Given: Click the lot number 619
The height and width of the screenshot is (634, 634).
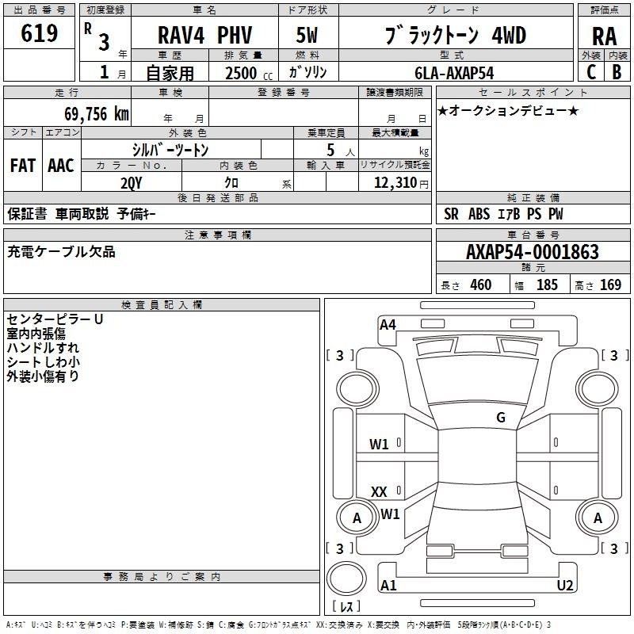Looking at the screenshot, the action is pyautogui.click(x=39, y=32).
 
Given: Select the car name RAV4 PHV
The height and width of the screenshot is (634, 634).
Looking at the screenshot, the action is pyautogui.click(x=204, y=35).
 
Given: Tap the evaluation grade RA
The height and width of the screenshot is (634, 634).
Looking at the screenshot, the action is pyautogui.click(x=604, y=36).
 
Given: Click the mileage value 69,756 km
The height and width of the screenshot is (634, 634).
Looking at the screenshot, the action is pyautogui.click(x=96, y=113).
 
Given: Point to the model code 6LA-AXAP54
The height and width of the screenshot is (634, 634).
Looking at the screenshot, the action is pyautogui.click(x=454, y=73).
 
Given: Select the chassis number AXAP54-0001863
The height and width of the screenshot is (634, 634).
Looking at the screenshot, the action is pyautogui.click(x=532, y=251).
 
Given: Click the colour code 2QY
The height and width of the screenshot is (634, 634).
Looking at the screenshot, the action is pyautogui.click(x=132, y=183).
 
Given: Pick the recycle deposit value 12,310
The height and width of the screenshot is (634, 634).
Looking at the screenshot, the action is pyautogui.click(x=395, y=183).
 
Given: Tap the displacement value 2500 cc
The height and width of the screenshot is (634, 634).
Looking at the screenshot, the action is pyautogui.click(x=249, y=73).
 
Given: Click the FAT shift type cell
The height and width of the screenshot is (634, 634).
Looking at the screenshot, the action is pyautogui.click(x=23, y=166).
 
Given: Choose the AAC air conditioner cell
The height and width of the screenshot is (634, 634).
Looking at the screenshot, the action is pyautogui.click(x=61, y=166).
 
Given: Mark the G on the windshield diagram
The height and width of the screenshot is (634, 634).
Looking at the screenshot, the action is pyautogui.click(x=501, y=417).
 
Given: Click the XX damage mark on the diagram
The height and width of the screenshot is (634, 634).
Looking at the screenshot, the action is pyautogui.click(x=379, y=491).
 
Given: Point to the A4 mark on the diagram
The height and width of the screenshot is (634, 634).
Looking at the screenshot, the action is pyautogui.click(x=388, y=325).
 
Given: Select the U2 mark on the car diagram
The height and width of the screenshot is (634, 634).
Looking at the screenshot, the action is pyautogui.click(x=565, y=585).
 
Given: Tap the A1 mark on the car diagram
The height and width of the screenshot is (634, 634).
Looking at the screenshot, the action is pyautogui.click(x=388, y=585).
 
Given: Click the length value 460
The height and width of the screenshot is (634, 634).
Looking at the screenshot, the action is pyautogui.click(x=481, y=285).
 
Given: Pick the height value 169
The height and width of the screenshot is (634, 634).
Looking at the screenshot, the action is pyautogui.click(x=610, y=285).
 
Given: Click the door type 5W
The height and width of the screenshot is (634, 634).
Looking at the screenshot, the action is pyautogui.click(x=307, y=35).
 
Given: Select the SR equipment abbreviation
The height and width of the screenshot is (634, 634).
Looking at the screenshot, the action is pyautogui.click(x=451, y=214).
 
